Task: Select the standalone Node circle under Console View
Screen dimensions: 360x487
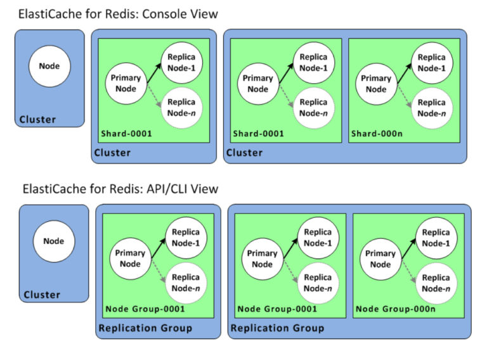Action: coord(49,67)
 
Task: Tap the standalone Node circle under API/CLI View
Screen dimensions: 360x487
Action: coord(54,241)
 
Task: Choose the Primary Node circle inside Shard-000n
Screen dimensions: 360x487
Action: coord(376,84)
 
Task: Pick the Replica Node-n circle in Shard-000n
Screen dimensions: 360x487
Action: coord(432,108)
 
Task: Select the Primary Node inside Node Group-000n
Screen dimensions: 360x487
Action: coord(380,259)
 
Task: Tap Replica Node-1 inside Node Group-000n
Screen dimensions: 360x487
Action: coord(436,238)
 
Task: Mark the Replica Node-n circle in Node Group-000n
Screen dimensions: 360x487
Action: coord(436,283)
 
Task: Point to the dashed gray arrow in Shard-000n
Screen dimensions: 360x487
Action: coord(403,95)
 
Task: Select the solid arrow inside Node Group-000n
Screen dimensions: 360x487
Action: coord(408,248)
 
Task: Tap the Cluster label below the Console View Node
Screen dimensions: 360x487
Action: coord(37,119)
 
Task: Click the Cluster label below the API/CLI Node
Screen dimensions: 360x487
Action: coord(42,295)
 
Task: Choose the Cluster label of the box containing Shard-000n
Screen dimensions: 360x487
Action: coord(245,153)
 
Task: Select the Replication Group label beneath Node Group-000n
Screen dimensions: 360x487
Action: coord(277,328)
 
